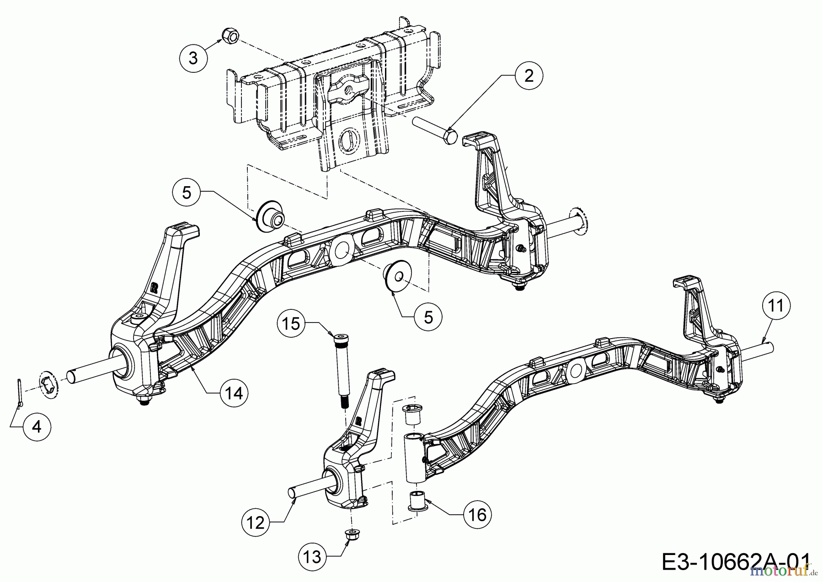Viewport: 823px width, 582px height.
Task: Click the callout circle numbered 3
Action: [x=193, y=59]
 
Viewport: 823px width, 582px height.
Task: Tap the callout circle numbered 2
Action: [x=529, y=76]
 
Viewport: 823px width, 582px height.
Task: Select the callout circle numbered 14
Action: [x=234, y=393]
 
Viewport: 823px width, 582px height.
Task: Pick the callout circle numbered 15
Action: [x=291, y=323]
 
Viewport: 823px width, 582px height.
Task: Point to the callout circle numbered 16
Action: [x=477, y=515]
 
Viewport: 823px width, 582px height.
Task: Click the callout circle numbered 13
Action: [x=313, y=557]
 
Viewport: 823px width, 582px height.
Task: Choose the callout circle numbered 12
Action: [x=257, y=522]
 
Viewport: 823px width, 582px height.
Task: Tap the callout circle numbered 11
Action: [x=776, y=305]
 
